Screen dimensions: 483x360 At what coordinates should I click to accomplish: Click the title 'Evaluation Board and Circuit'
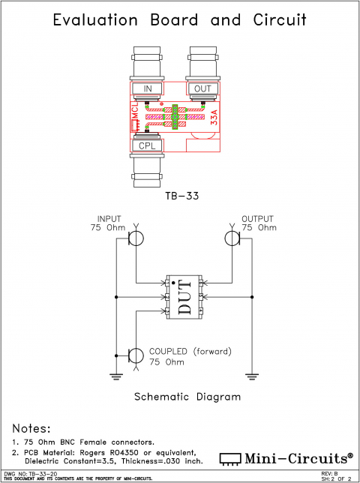point(180,20)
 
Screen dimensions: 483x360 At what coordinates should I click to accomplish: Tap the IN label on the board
point(148,89)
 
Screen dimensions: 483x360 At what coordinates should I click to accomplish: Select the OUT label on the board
point(202,89)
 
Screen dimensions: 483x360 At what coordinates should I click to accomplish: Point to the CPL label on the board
point(148,145)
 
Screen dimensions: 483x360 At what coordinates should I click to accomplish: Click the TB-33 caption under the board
point(180,196)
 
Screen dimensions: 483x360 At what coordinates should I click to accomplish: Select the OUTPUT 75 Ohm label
point(258,223)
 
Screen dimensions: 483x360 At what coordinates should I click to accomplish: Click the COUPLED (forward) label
point(189,351)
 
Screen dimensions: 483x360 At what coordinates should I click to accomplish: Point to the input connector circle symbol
point(136,238)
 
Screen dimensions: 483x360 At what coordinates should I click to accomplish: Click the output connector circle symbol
point(232,238)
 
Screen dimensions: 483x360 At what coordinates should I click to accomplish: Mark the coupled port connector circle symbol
point(136,355)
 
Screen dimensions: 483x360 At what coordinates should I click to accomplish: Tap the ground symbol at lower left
point(116,375)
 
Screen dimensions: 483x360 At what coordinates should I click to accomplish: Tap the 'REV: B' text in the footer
point(331,474)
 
